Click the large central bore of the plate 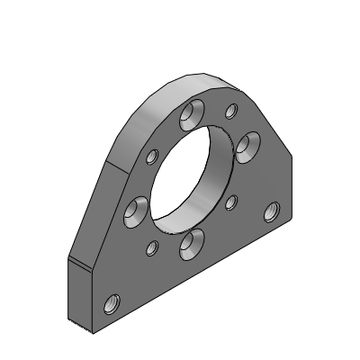193,176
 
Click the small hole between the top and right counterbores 231,111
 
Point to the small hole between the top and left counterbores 151,159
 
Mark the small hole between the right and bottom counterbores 230,201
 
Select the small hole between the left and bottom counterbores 152,247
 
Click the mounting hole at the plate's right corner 270,211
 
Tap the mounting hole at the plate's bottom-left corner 112,303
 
